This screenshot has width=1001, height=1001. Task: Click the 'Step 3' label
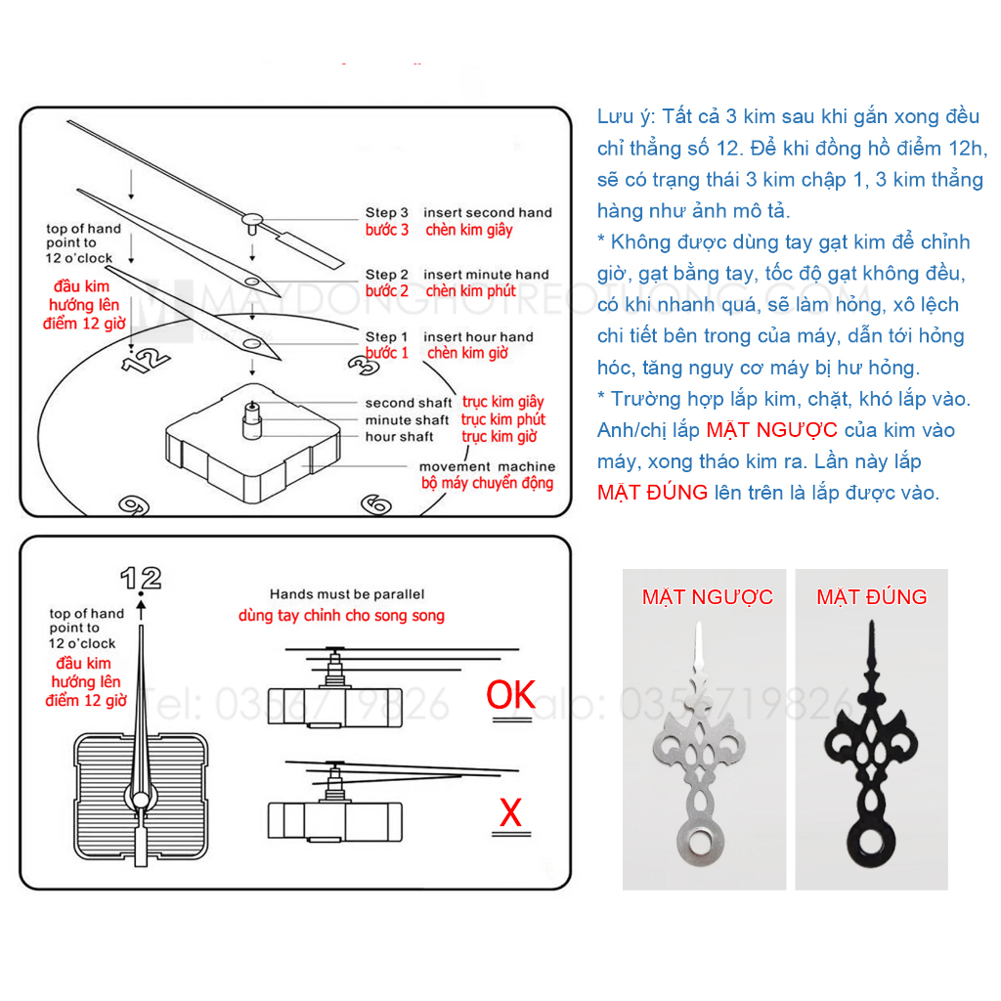[387, 212]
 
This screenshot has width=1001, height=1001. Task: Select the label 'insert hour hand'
[478, 337]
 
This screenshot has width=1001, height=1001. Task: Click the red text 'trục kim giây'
[503, 402]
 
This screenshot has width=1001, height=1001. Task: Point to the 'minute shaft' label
[408, 420]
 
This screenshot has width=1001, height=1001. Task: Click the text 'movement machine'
[487, 466]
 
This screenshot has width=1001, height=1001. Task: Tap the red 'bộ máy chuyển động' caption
[487, 483]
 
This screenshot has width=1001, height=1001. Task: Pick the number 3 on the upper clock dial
[363, 365]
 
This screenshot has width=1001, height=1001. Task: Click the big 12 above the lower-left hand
[141, 578]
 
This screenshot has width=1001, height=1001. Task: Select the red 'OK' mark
[511, 695]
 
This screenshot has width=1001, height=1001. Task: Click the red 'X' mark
[510, 812]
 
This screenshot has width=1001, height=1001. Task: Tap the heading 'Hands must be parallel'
[347, 594]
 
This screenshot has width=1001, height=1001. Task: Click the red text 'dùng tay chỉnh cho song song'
[341, 616]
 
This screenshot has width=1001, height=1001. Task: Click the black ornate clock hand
[870, 753]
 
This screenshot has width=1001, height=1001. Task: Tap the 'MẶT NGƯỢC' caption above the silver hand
[707, 597]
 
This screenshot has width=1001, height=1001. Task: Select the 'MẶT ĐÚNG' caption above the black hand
[872, 597]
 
